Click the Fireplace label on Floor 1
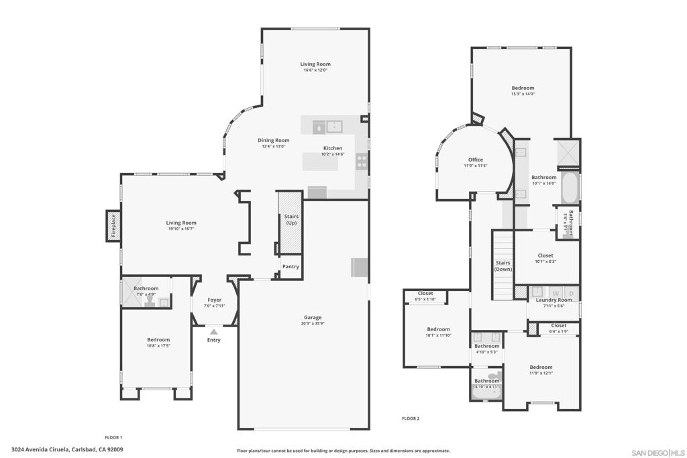pyautogui.click(x=113, y=226)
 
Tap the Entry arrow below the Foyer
pyautogui.click(x=213, y=331)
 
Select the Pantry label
pyautogui.click(x=290, y=266)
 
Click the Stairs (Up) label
pyautogui.click(x=291, y=219)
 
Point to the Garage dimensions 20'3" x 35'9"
pyautogui.click(x=313, y=324)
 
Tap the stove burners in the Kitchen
pyautogui.click(x=362, y=162)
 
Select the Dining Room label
pyautogui.click(x=274, y=140)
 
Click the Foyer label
pyautogui.click(x=214, y=300)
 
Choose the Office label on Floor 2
pyautogui.click(x=476, y=160)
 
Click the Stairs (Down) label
pyautogui.click(x=503, y=266)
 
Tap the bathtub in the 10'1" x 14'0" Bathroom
pyautogui.click(x=570, y=188)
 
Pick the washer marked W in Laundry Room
pyautogui.click(x=555, y=293)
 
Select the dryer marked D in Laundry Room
pyautogui.click(x=571, y=293)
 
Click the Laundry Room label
pyautogui.click(x=553, y=300)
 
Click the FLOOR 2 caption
pyautogui.click(x=411, y=418)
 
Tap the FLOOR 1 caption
pyautogui.click(x=113, y=437)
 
